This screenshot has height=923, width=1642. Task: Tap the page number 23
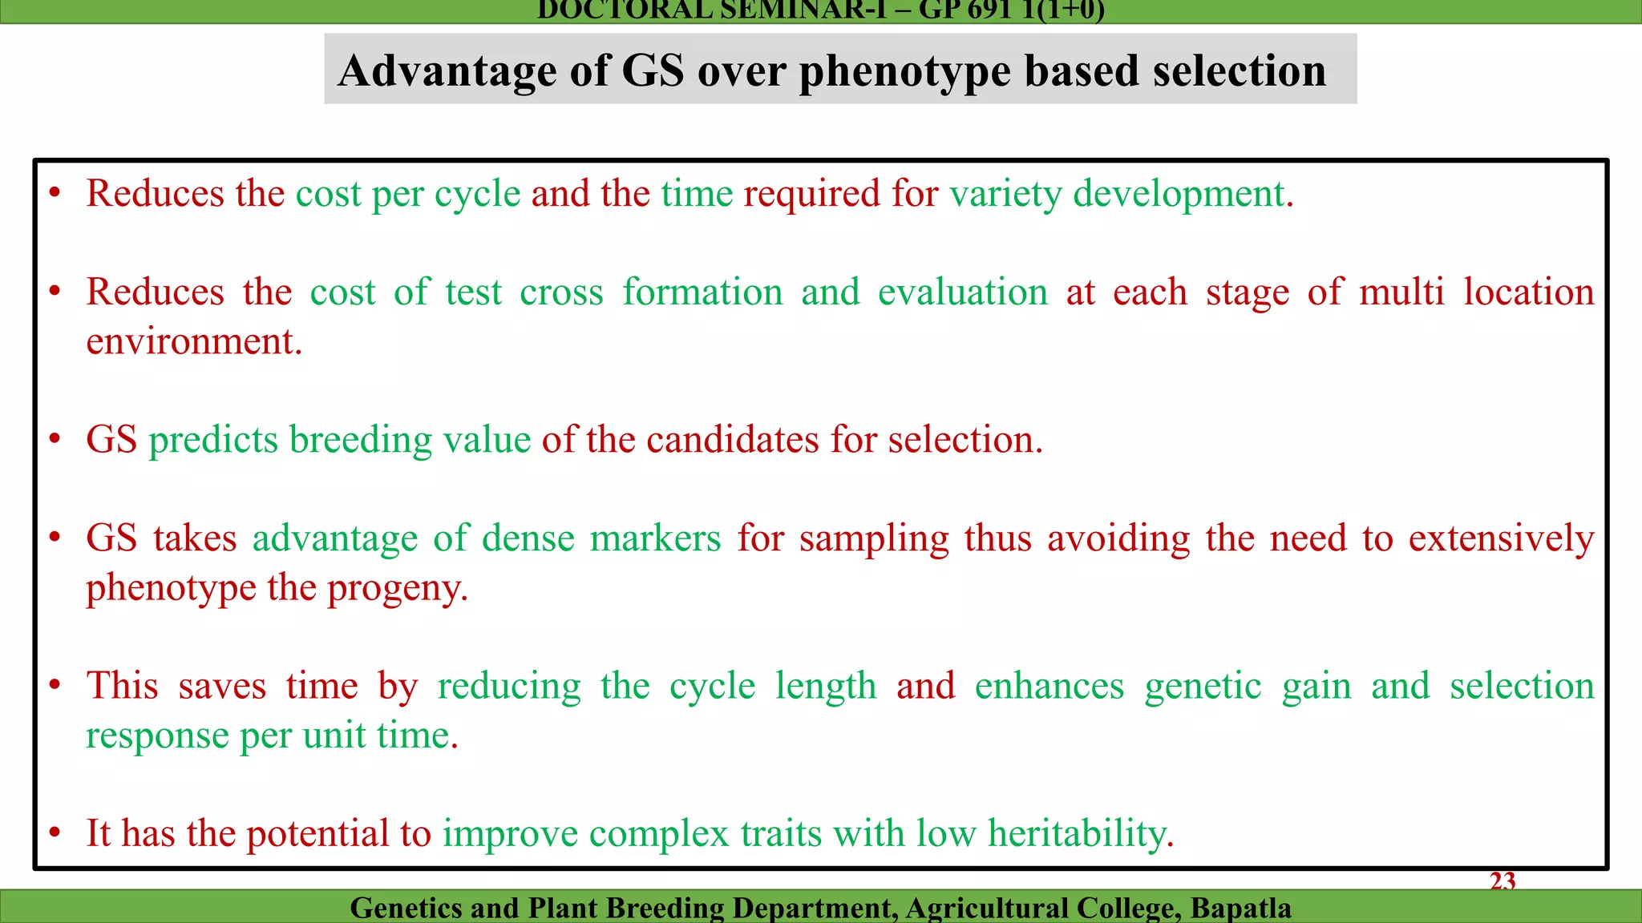1502,881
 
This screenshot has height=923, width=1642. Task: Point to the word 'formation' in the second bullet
702,292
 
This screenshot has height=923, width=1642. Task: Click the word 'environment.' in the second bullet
194,342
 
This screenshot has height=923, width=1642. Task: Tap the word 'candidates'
733,440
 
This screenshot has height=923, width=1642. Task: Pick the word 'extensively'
1501,538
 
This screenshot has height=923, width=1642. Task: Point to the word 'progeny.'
398,589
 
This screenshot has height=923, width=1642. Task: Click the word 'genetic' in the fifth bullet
1203,687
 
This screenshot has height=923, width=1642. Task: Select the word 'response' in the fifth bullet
157,736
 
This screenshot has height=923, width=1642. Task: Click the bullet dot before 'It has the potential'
55,833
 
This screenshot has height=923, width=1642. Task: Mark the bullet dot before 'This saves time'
55,686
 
